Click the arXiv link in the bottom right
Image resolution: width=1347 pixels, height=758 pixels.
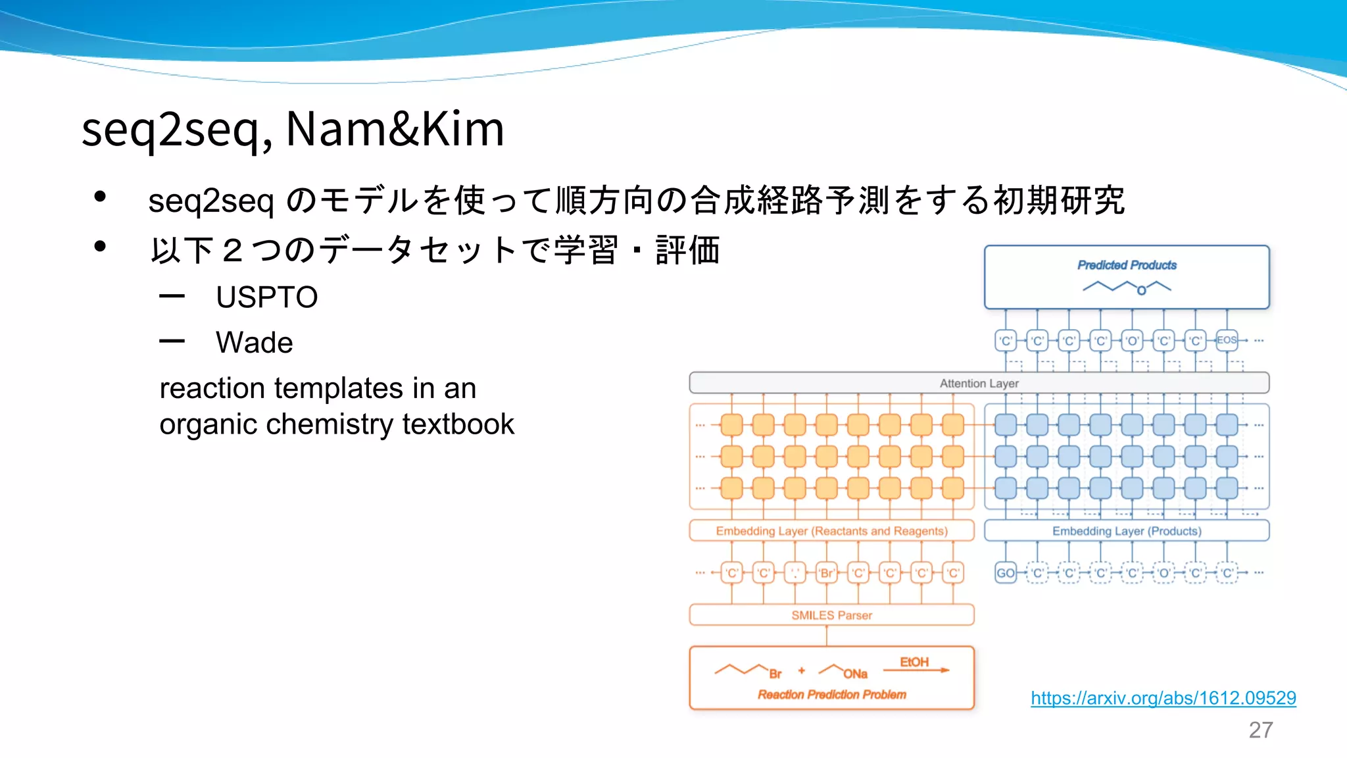(x=1163, y=698)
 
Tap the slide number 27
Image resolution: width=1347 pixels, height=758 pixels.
(x=1260, y=730)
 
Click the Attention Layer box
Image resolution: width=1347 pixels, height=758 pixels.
(x=979, y=383)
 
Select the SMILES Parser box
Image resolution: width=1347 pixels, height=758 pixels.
(x=831, y=615)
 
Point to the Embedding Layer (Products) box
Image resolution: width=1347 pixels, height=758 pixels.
(x=1126, y=531)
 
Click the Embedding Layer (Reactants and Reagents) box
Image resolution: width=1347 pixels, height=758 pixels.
(x=831, y=531)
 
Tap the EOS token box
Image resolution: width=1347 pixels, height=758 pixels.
(x=1227, y=340)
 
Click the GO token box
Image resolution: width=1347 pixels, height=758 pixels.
(x=1005, y=573)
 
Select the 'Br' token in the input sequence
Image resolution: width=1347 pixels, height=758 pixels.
(x=826, y=573)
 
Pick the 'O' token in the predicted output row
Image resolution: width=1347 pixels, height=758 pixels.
(x=1132, y=341)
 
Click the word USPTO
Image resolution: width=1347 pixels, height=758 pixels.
(x=266, y=297)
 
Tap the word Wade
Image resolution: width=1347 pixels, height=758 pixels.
(x=254, y=343)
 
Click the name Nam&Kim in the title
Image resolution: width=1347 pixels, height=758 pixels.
(x=395, y=129)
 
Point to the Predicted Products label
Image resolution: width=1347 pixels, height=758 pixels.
(x=1127, y=265)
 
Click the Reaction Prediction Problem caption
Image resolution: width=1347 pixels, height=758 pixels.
(x=831, y=695)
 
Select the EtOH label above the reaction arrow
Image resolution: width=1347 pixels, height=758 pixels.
(x=914, y=662)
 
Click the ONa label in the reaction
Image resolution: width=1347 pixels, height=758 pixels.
(x=855, y=674)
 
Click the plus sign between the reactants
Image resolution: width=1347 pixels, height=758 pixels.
(x=801, y=670)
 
